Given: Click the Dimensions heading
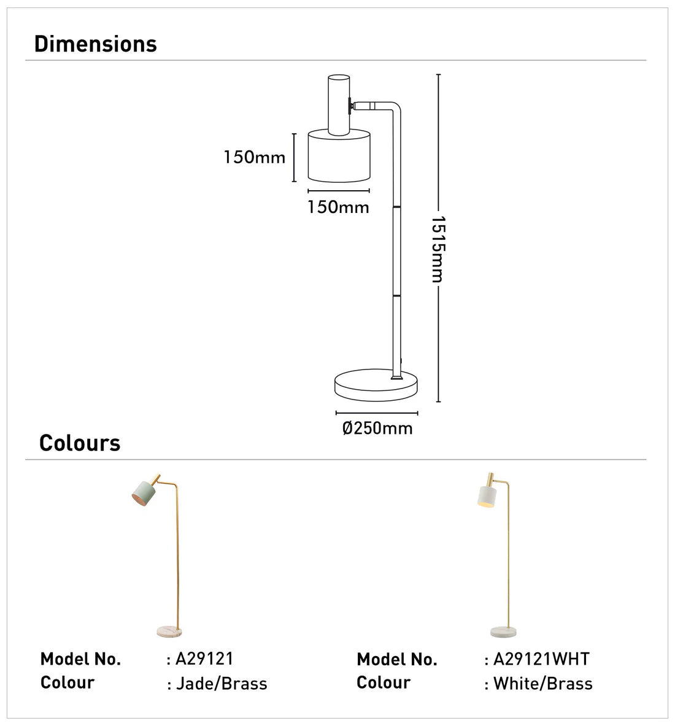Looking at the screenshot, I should [96, 44].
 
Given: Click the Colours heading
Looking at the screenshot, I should [80, 443].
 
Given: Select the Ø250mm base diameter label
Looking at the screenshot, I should [377, 428].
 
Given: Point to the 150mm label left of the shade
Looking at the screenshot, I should [255, 158].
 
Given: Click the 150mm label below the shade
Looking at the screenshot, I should [338, 207].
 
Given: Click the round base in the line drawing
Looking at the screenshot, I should [376, 385].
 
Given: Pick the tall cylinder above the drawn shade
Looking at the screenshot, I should [338, 104].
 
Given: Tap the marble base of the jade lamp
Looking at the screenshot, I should [169, 631].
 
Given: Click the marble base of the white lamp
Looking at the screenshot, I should [503, 631].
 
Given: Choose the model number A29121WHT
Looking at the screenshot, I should [541, 659].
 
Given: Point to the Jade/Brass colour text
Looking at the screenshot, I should [222, 684].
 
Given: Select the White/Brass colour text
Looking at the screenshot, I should [543, 684].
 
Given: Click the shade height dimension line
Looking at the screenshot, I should [295, 157].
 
